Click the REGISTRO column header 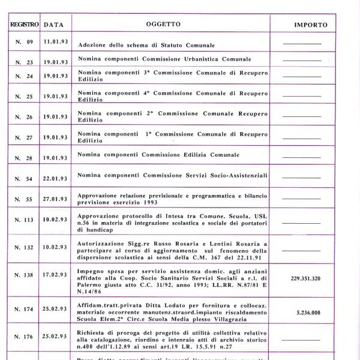point(24,25)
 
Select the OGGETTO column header point(163,25)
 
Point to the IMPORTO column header point(311,25)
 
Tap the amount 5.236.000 point(303,313)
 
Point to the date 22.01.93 point(55,179)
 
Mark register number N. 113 point(25,220)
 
